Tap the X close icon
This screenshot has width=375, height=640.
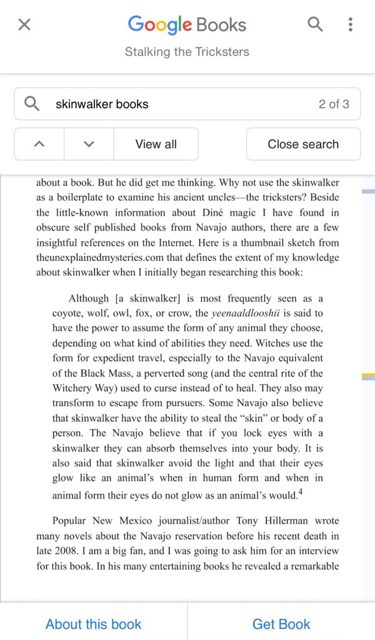(24, 24)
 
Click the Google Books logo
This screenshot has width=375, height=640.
(187, 25)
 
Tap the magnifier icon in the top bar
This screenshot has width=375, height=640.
(316, 24)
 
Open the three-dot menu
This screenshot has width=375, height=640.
(351, 24)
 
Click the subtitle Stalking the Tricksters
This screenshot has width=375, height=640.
(187, 51)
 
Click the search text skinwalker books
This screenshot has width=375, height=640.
(102, 104)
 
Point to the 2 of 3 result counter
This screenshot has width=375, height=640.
(334, 104)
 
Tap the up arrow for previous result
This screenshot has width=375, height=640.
(39, 144)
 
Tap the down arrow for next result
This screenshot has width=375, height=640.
(89, 144)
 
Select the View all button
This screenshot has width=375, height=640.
(156, 144)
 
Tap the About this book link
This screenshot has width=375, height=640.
(94, 624)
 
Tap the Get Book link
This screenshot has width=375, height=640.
(281, 624)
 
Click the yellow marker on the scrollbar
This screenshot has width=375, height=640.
(368, 376)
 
